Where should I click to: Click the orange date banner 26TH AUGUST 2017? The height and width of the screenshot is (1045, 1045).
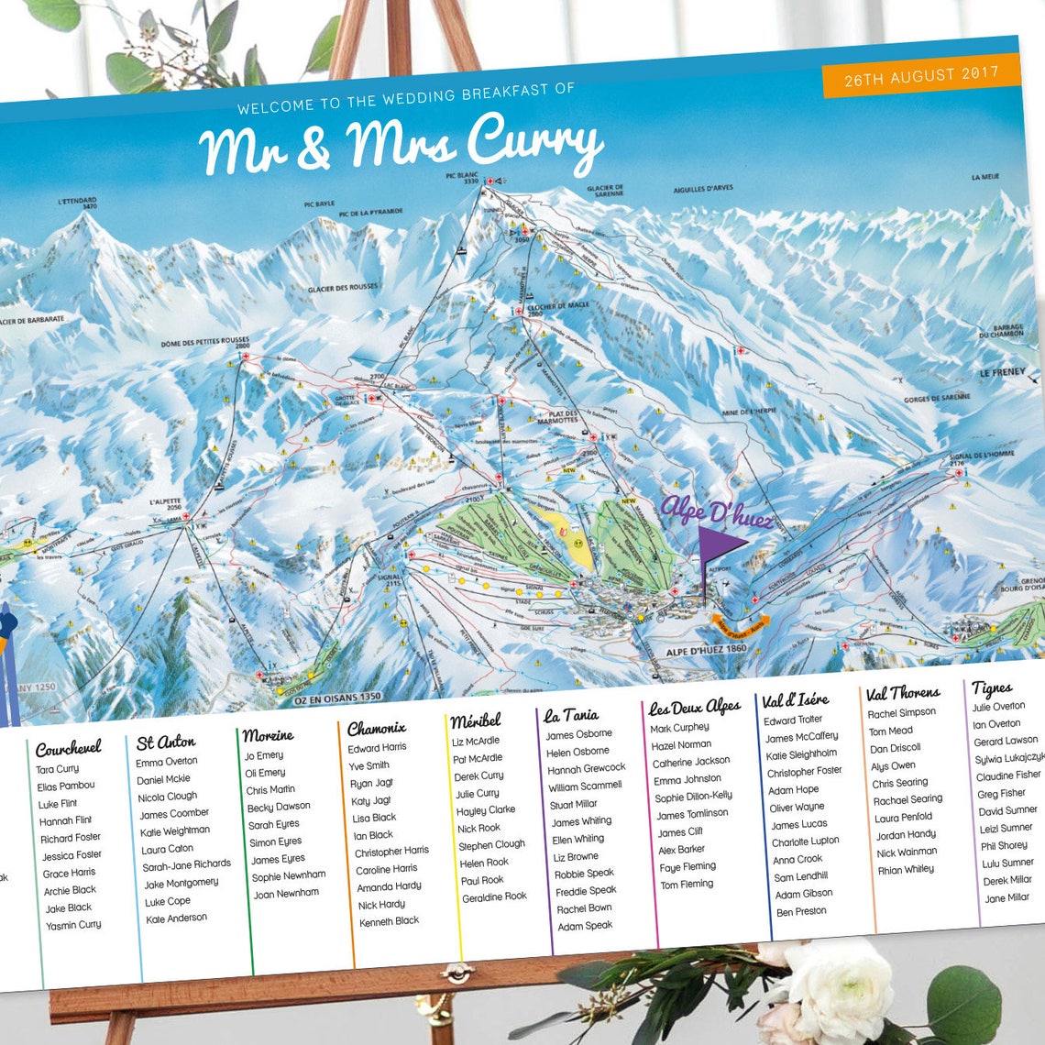pyautogui.click(x=920, y=76)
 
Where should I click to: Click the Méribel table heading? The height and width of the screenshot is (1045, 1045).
pyautogui.click(x=476, y=720)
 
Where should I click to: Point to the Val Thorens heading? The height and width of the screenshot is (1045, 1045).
pyautogui.click(x=902, y=693)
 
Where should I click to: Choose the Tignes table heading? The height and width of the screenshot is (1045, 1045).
pyautogui.click(x=992, y=687)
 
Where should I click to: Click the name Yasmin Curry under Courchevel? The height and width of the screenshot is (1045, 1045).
pyautogui.click(x=73, y=926)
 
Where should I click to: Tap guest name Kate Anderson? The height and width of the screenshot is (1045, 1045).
pyautogui.click(x=176, y=918)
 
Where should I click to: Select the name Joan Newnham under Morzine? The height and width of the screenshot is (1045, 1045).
pyautogui.click(x=286, y=893)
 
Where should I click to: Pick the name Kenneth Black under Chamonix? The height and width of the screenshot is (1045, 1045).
pyautogui.click(x=389, y=921)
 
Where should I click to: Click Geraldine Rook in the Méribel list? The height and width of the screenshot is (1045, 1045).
pyautogui.click(x=494, y=897)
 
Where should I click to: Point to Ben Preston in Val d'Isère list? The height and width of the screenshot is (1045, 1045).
pyautogui.click(x=801, y=912)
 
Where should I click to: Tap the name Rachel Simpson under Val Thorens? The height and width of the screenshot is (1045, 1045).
pyautogui.click(x=901, y=713)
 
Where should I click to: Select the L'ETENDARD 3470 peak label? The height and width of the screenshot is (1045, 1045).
pyautogui.click(x=77, y=203)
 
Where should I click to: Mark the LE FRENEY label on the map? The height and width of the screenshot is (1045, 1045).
pyautogui.click(x=1001, y=373)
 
